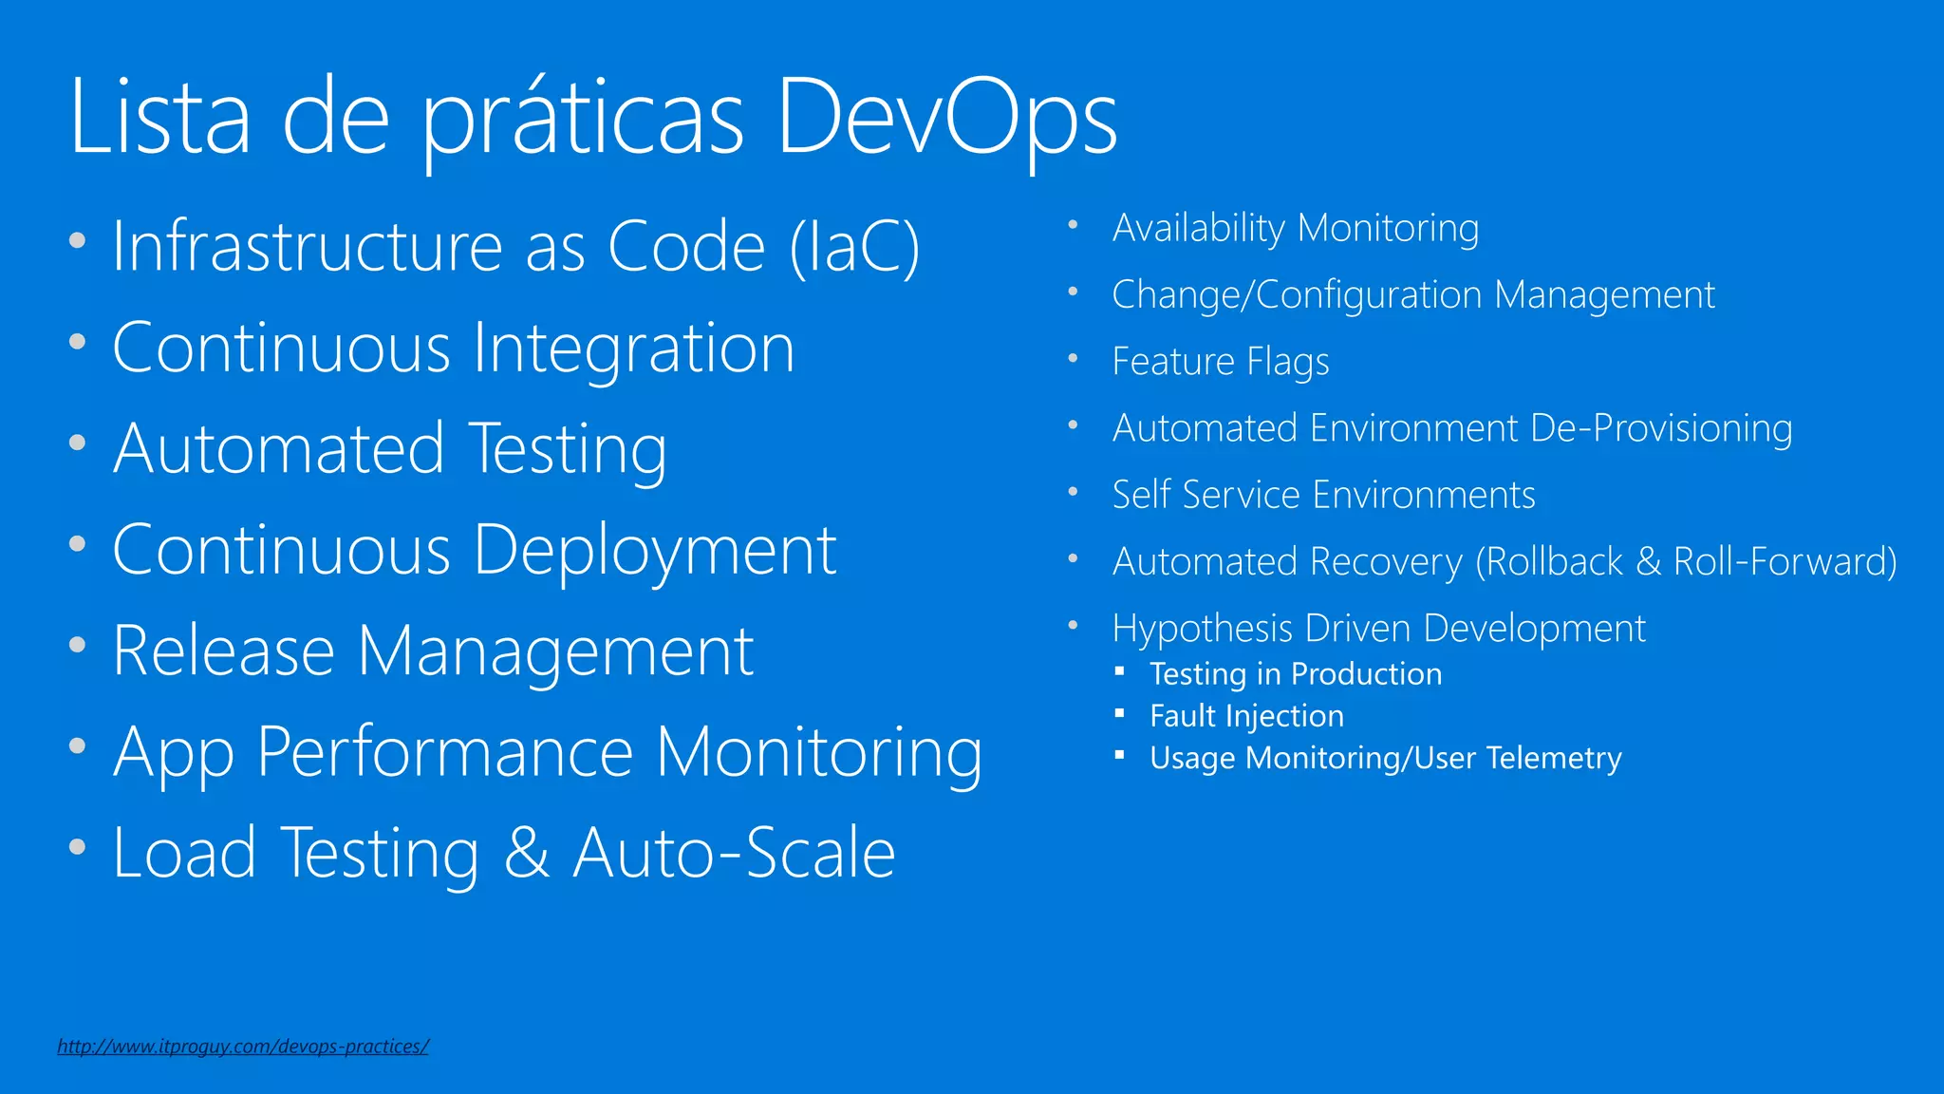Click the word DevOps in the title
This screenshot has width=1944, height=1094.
[x=946, y=118]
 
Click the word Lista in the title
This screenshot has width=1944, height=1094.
[x=159, y=118]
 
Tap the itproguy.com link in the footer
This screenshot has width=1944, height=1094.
[x=243, y=1046]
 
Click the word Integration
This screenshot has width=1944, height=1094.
[x=633, y=349]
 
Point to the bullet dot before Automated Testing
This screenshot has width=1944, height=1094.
[x=78, y=443]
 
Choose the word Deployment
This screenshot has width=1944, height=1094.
[x=655, y=551]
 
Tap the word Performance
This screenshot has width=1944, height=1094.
[x=445, y=752]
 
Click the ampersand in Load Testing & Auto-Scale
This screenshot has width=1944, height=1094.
[x=527, y=853]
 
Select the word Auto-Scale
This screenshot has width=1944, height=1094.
[x=734, y=853]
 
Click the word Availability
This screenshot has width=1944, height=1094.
[x=1199, y=229]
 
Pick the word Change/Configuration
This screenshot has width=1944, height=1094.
[x=1297, y=295]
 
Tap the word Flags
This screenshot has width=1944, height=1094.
[x=1287, y=362]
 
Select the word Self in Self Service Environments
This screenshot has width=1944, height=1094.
[x=1141, y=495]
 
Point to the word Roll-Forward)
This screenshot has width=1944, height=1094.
[x=1785, y=561]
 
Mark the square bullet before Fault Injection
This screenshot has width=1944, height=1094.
[x=1120, y=713]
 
